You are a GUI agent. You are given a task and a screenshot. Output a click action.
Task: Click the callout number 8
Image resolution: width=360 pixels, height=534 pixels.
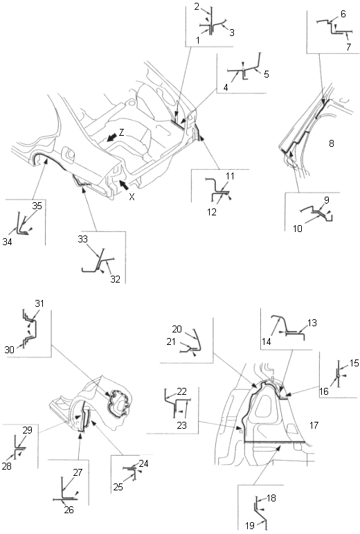tap(332, 143)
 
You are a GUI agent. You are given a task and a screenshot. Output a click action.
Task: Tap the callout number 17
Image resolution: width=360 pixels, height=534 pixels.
tap(314, 425)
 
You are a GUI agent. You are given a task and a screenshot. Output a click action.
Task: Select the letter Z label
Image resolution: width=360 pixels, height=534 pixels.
tap(121, 132)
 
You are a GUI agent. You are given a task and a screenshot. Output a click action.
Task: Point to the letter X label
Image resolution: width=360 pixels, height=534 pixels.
tap(132, 197)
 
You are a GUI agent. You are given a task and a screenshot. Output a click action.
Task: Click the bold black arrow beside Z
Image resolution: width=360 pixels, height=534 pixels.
tap(111, 137)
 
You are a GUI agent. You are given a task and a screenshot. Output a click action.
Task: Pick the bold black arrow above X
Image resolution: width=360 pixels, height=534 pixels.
tap(124, 185)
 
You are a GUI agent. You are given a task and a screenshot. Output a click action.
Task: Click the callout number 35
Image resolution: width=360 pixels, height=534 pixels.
tap(37, 206)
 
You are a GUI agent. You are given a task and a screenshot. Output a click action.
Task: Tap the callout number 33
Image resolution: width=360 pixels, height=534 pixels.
tap(82, 239)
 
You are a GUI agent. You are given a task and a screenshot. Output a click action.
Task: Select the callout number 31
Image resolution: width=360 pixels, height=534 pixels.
tap(39, 303)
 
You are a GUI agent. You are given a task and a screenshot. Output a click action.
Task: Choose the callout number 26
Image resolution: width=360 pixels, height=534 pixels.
tap(69, 510)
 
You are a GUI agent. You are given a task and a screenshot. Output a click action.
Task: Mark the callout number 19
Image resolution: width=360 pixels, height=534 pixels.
tap(250, 526)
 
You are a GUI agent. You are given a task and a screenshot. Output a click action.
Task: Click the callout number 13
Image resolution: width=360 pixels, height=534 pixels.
tap(312, 323)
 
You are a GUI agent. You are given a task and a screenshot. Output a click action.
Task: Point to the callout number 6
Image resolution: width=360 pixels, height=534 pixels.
tap(343, 14)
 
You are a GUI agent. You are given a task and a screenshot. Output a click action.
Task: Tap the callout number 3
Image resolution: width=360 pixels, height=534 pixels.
tap(232, 33)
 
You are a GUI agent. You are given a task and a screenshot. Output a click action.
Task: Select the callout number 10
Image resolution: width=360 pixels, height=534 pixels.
tap(298, 229)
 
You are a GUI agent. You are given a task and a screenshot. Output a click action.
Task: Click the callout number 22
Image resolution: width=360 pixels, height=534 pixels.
tap(181, 391)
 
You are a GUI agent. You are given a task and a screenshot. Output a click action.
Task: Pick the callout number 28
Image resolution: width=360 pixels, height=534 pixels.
tap(7, 466)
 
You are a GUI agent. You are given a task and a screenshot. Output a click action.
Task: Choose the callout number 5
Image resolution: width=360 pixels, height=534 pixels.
tap(266, 74)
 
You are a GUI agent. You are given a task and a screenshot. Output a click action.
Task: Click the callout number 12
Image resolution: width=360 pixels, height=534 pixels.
tap(212, 212)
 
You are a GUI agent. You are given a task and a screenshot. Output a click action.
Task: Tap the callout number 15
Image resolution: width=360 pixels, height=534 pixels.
tap(354, 363)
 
